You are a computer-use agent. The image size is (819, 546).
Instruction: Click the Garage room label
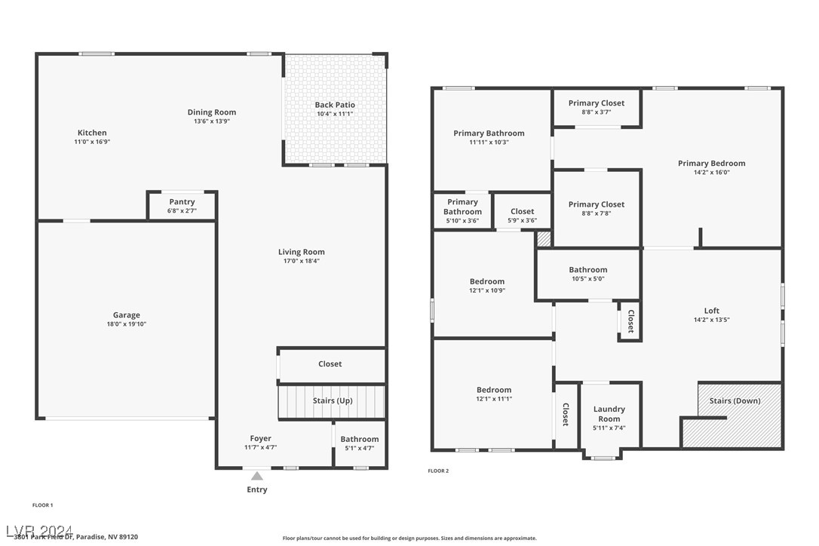127,315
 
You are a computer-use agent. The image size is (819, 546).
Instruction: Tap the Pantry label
182,201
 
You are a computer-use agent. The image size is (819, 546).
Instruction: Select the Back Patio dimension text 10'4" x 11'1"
335,114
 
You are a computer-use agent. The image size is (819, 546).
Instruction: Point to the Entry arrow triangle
257,476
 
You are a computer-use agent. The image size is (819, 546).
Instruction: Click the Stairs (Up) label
333,400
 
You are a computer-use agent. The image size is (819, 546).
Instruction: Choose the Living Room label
302,252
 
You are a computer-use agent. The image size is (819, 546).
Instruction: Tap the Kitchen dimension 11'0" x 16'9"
92,142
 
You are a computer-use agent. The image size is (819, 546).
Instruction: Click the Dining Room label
212,112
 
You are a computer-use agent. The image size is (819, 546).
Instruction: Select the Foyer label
261,438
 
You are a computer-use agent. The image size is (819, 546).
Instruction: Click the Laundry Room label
609,414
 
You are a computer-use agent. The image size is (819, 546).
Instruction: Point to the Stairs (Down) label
735,400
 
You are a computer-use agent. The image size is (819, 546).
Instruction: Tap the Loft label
712,310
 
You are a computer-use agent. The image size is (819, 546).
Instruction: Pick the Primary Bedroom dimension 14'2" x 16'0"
712,172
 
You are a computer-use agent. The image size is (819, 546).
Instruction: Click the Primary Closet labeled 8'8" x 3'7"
597,103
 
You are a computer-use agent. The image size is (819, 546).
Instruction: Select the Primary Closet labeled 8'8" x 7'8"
597,204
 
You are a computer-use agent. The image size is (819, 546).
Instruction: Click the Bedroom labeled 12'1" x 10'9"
487,281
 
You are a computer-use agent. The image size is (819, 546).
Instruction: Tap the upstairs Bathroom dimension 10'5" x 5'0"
587,278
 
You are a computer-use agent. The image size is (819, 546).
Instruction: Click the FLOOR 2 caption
438,471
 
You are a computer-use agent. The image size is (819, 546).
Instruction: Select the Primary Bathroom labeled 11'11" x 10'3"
489,133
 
